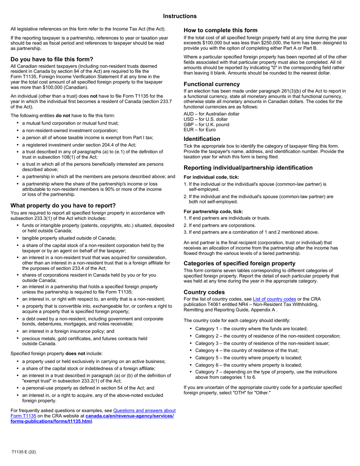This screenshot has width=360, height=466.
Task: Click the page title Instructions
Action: coord(180,16)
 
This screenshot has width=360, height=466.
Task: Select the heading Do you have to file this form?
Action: coord(52,59)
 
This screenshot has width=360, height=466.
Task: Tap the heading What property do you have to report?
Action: coord(63,205)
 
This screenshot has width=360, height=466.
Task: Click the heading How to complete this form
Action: coord(220,30)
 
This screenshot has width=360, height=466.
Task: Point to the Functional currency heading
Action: coord(211,84)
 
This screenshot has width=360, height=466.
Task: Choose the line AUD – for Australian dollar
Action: coord(211,114)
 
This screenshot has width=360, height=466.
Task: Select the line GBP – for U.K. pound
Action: coord(206,125)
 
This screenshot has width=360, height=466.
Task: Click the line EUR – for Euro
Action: coord(199,130)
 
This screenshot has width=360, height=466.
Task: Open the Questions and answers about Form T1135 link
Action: coord(144,410)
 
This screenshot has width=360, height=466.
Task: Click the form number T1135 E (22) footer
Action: coord(23,452)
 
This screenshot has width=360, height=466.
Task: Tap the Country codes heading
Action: coord(204,292)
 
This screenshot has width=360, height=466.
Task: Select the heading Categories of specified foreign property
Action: coord(239,263)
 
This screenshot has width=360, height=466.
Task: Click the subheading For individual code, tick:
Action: coord(211,177)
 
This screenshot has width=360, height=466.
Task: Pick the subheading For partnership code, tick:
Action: coord(213,211)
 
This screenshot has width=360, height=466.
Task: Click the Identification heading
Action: coord(202,139)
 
